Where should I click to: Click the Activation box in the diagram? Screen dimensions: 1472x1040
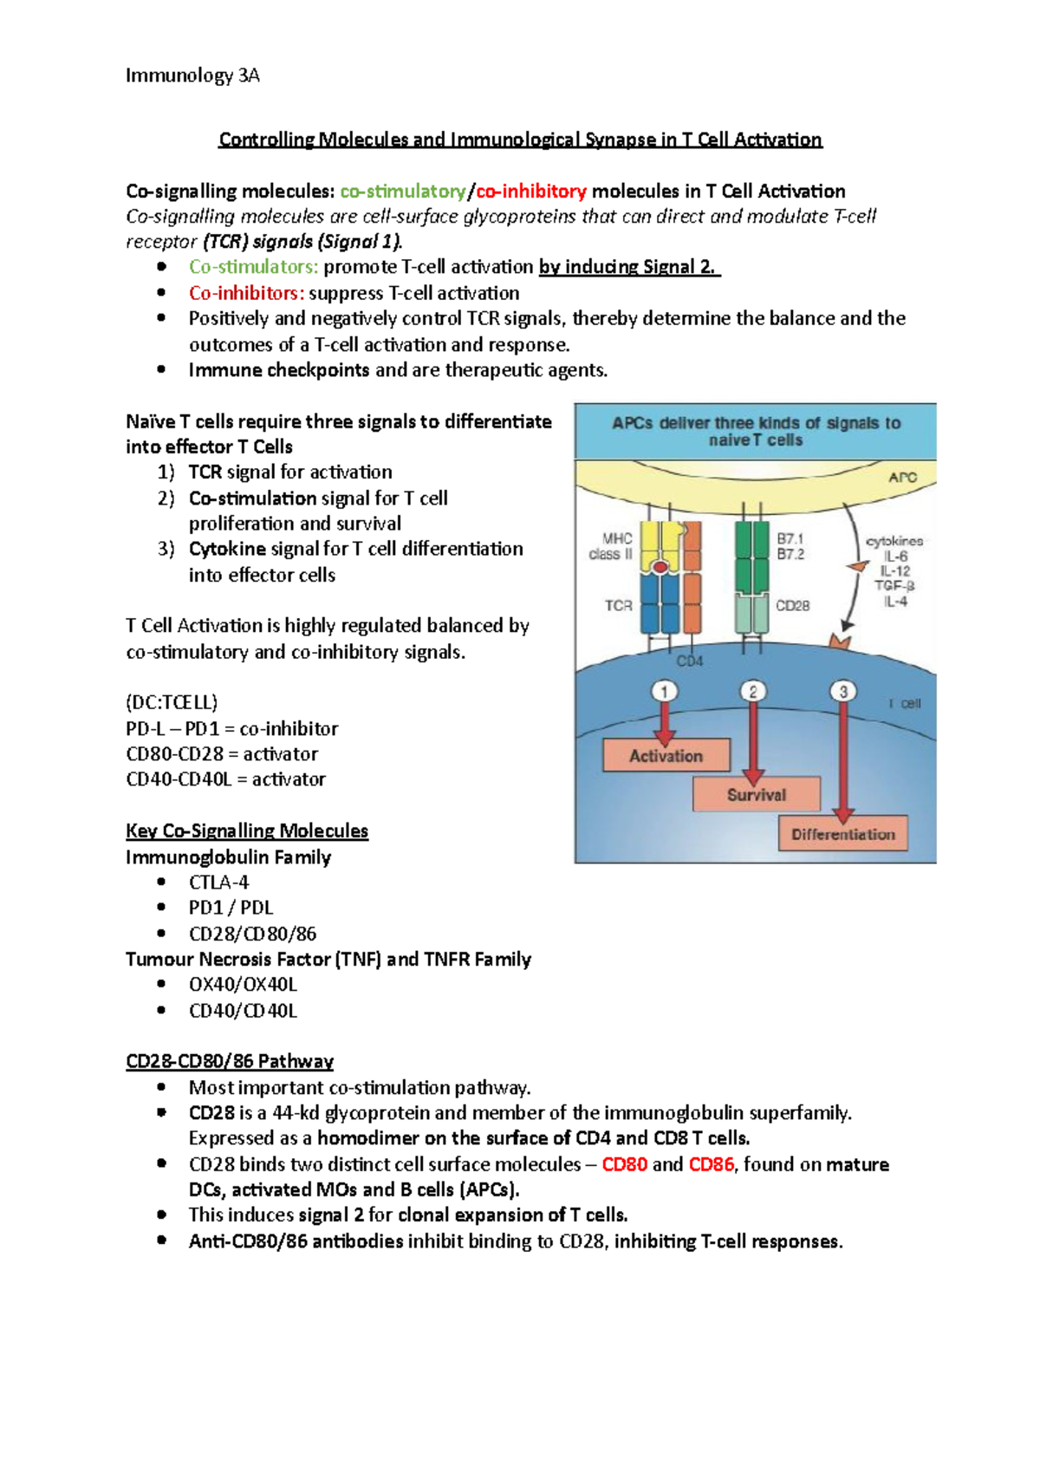tap(666, 756)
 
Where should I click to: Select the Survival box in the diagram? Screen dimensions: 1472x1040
tap(756, 795)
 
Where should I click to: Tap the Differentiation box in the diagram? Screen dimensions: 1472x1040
tap(842, 834)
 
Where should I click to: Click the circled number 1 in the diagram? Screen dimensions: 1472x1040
tap(664, 691)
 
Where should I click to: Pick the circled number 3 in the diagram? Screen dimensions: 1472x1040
tap(842, 691)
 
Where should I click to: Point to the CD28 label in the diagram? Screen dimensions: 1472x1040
tap(792, 606)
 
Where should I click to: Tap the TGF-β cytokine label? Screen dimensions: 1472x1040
tap(894, 586)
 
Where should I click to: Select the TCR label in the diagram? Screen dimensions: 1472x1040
tap(618, 606)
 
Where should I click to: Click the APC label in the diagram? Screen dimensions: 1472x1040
tap(901, 477)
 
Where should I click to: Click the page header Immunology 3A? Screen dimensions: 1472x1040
tap(192, 75)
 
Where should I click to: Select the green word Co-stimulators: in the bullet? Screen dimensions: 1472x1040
tap(253, 267)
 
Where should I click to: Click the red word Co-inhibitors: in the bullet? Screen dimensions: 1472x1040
tap(246, 293)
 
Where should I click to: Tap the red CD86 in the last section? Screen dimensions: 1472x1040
tap(711, 1164)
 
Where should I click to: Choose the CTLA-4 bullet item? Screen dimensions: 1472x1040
tap(218, 883)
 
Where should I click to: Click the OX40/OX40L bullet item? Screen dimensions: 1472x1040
tap(243, 985)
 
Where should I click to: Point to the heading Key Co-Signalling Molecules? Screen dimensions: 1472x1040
tap(247, 830)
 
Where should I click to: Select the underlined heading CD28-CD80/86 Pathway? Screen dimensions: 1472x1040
tap(230, 1061)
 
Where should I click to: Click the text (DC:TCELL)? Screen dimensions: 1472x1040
tap(172, 702)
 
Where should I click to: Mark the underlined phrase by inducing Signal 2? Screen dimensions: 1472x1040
tap(628, 267)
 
